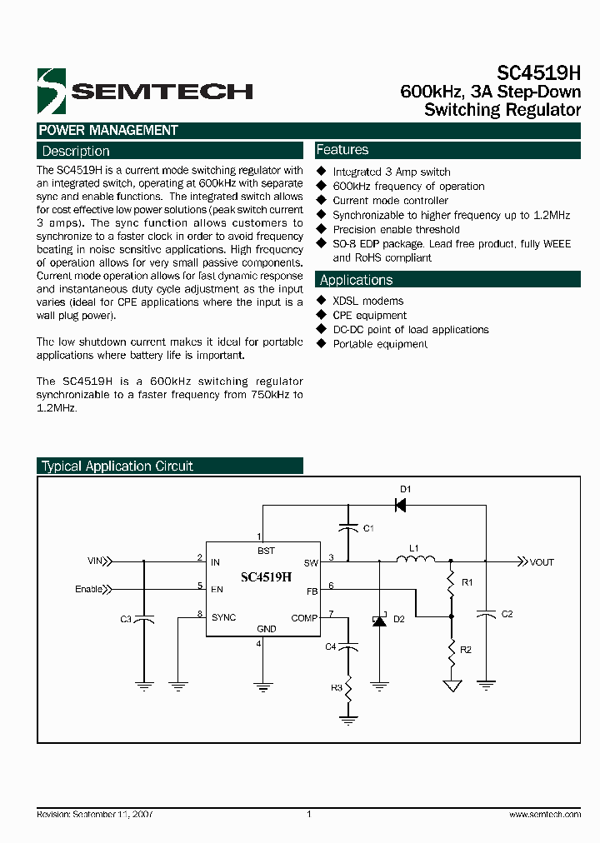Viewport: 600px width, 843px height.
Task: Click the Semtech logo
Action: click(x=144, y=90)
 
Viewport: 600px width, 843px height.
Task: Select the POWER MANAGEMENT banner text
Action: click(x=108, y=131)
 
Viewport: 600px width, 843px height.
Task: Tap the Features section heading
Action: click(x=342, y=150)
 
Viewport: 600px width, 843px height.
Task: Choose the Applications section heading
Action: click(x=356, y=281)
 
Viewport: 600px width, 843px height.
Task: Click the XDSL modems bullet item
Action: click(x=367, y=301)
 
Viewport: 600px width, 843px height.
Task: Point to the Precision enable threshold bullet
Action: click(x=396, y=229)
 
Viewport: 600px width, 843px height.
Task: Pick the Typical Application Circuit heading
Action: click(x=117, y=466)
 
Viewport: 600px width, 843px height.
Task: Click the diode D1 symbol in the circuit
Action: click(x=400, y=505)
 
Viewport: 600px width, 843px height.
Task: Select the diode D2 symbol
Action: click(x=380, y=620)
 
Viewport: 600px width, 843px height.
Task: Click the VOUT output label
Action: click(x=542, y=562)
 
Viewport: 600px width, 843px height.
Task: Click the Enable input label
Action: click(x=89, y=589)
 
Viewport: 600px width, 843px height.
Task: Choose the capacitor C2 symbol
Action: click(x=486, y=614)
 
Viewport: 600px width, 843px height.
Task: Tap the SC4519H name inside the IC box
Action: click(x=266, y=576)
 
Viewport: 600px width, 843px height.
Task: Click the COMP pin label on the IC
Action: click(x=305, y=617)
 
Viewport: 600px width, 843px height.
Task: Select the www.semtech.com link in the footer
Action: click(x=544, y=814)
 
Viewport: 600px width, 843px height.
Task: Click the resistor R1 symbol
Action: click(x=451, y=583)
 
